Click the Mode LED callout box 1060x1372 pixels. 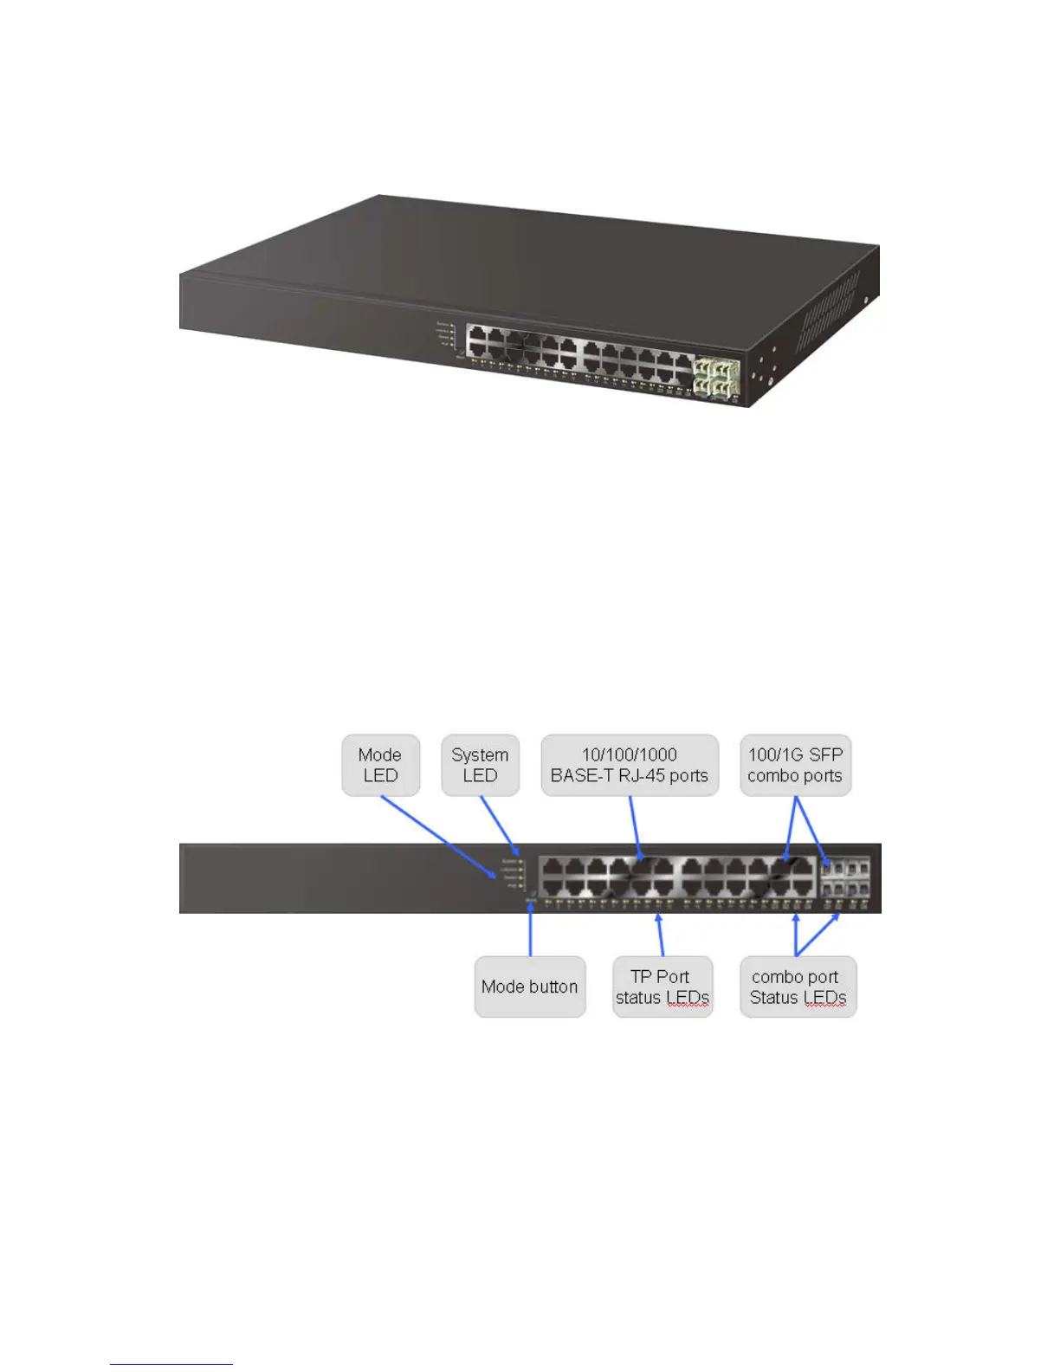[380, 766]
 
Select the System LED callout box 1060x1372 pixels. [480, 766]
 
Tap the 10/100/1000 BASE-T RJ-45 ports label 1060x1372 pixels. [630, 766]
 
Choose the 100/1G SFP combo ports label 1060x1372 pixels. [795, 766]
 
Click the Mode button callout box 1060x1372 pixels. [529, 987]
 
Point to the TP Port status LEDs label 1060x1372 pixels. [662, 987]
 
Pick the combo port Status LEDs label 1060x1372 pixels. [798, 987]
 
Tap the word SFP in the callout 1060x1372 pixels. [825, 755]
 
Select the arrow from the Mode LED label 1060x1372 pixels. [437, 836]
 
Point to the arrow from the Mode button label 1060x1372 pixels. [530, 929]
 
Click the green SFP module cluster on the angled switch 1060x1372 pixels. [716, 379]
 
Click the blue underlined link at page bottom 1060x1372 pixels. [171, 1363]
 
